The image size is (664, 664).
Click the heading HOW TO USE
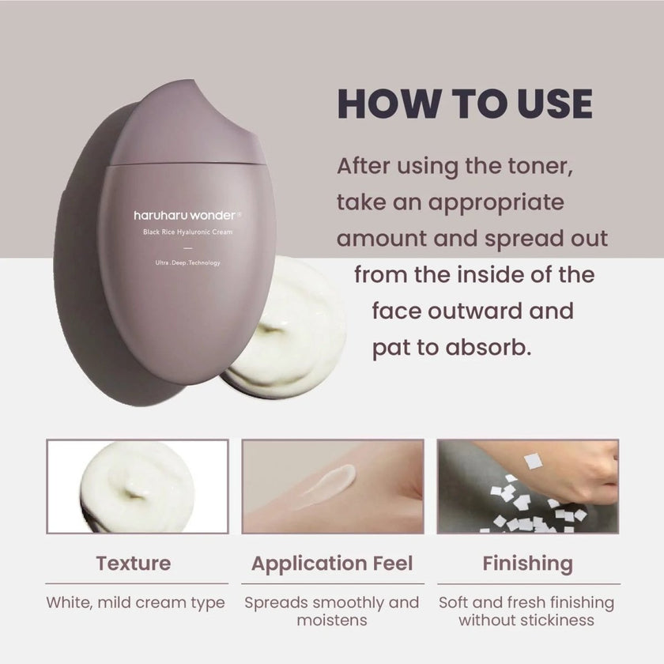(465, 104)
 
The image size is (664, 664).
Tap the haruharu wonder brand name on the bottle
(185, 216)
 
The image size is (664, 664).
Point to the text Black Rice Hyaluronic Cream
(187, 232)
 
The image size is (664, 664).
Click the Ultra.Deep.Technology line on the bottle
(187, 262)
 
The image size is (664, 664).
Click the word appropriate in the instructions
(496, 203)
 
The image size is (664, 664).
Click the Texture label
(134, 564)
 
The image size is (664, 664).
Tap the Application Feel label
(332, 564)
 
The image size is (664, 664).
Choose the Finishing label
(528, 564)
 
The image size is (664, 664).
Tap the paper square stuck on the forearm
(533, 461)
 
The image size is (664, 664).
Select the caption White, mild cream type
(135, 602)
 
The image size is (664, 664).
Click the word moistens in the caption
(332, 621)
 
